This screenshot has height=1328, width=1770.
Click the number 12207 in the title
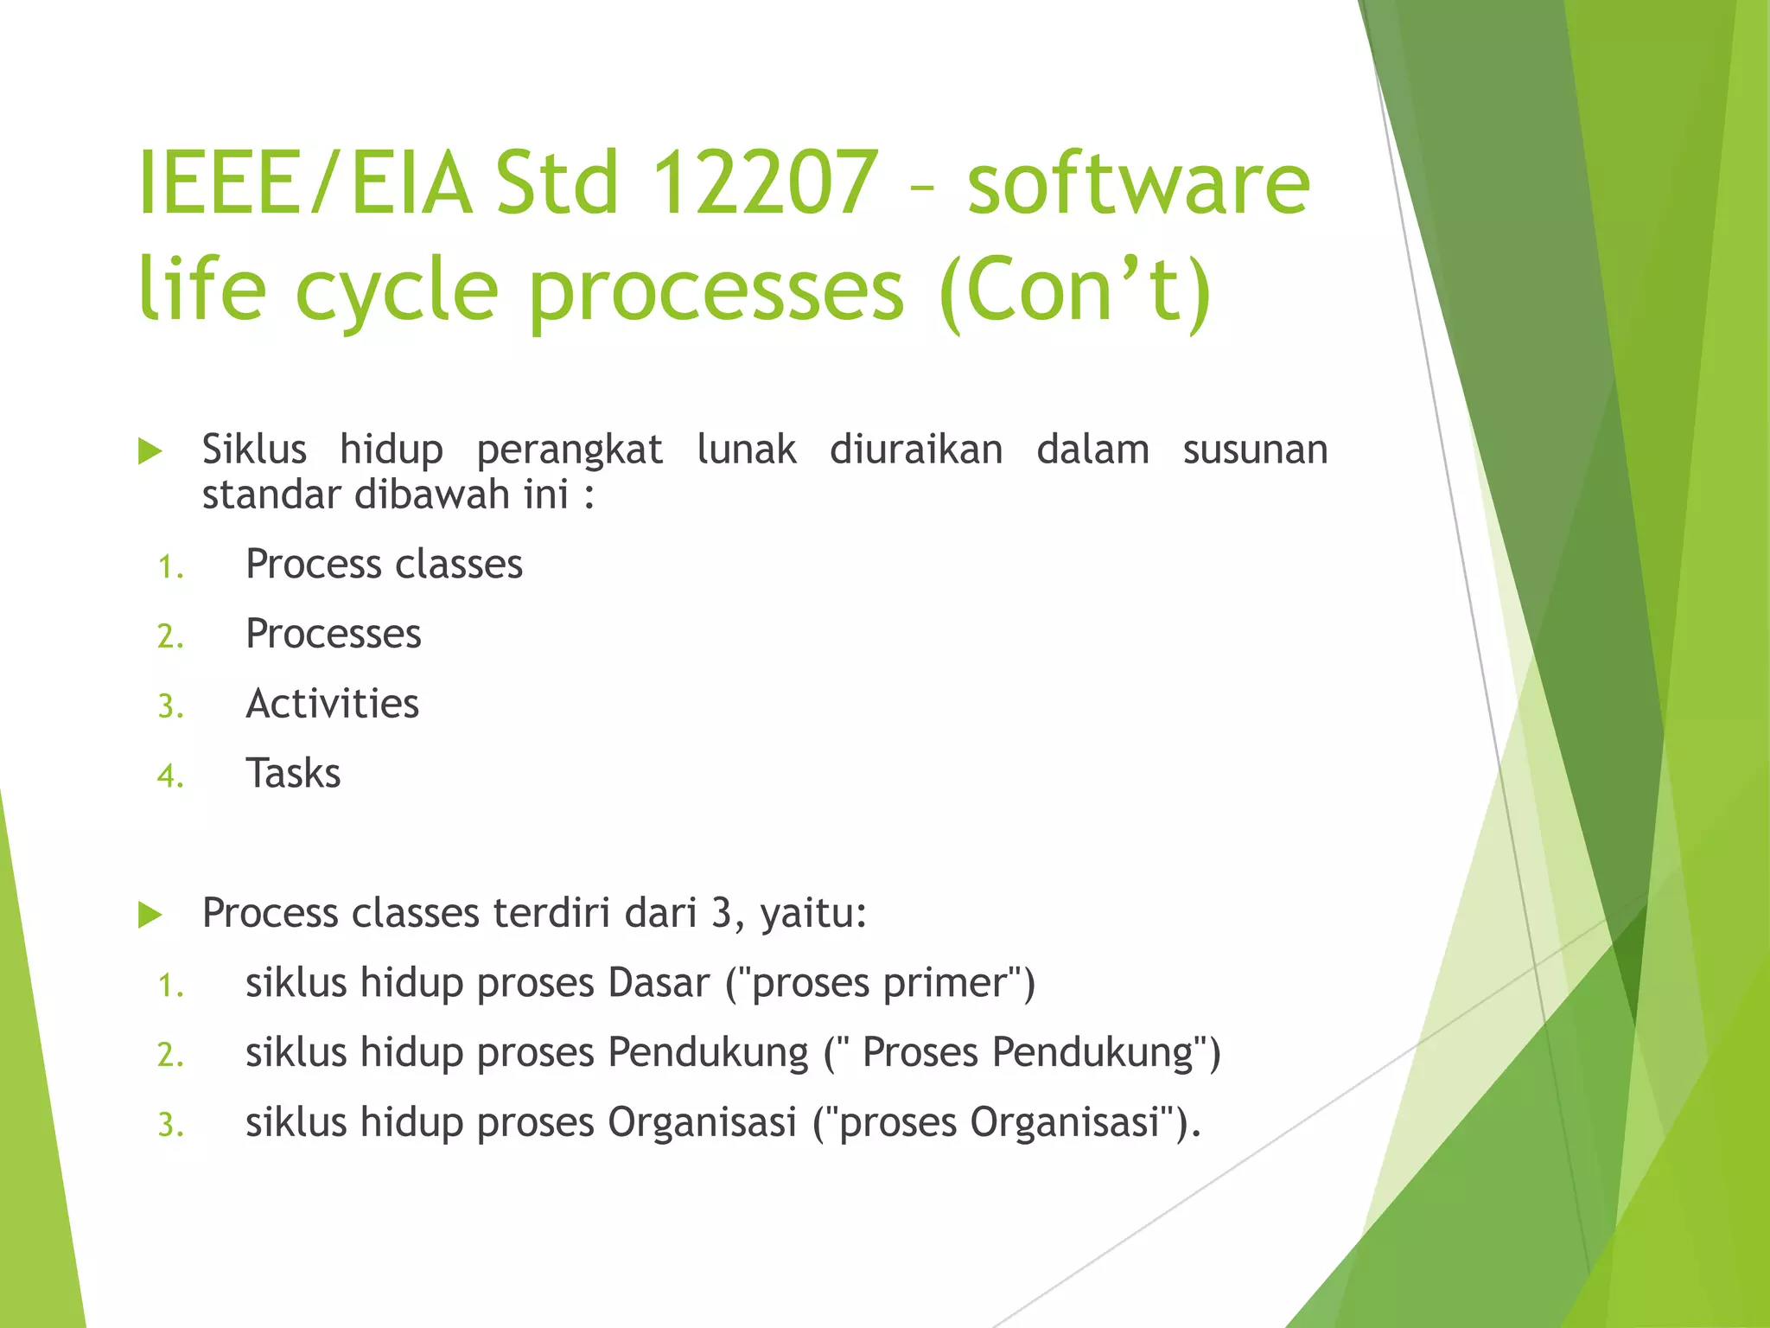point(764,183)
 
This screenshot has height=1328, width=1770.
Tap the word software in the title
point(1138,183)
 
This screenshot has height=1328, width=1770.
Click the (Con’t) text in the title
point(1076,290)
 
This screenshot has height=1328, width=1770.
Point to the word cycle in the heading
point(397,290)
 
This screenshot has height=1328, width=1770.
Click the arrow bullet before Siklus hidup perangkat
point(150,451)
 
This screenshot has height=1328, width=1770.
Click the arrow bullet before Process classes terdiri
point(150,915)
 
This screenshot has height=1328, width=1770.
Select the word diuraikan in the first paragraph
point(916,450)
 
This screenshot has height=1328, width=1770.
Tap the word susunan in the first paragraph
point(1255,450)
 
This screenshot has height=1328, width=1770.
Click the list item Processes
point(334,634)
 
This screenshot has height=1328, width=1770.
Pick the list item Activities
point(333,704)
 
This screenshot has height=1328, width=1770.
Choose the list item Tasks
point(293,773)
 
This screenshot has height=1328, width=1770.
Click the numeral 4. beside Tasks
point(170,776)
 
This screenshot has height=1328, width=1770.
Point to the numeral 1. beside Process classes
point(170,567)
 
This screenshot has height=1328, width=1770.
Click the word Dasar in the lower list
point(659,983)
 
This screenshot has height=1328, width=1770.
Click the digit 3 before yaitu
point(722,913)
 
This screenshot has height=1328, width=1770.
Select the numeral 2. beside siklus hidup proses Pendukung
point(170,1055)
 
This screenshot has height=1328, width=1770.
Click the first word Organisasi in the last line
point(702,1122)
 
